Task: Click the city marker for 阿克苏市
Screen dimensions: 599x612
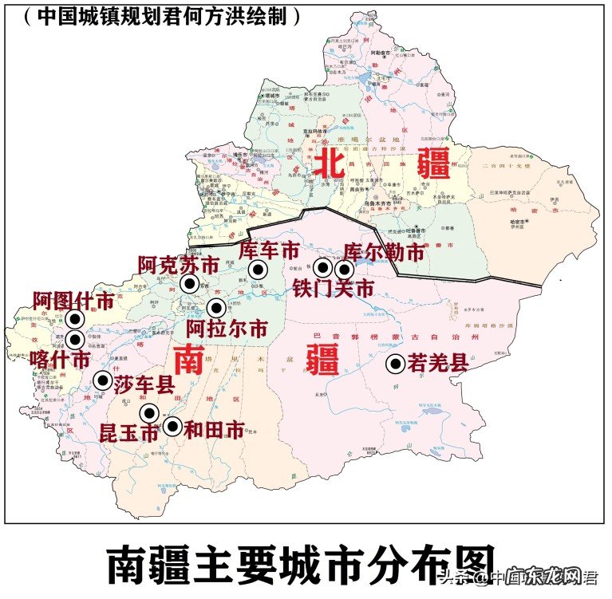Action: click(190, 283)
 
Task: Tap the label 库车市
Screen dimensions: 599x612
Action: click(269, 250)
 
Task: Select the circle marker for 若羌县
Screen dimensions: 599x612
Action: click(395, 365)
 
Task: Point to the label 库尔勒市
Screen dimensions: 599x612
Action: click(385, 253)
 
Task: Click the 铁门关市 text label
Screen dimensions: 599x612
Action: click(332, 288)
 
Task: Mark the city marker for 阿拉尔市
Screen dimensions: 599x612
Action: click(216, 308)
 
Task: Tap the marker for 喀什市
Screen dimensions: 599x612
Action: click(75, 339)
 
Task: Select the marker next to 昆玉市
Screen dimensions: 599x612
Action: click(149, 412)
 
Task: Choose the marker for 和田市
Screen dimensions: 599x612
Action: click(172, 427)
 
